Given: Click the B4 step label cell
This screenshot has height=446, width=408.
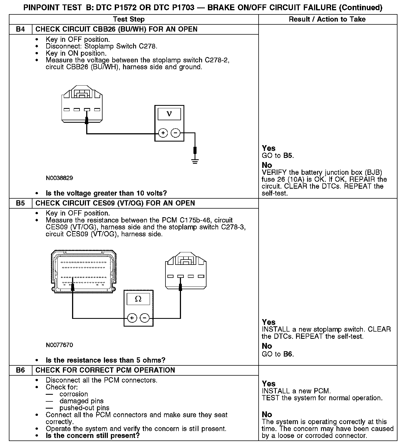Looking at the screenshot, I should tap(21, 29).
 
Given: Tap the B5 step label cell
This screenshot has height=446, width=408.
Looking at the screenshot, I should tap(21, 203).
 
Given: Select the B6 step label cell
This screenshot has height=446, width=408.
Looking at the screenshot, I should tap(21, 370).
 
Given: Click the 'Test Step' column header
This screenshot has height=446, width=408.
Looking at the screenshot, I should tap(129, 19).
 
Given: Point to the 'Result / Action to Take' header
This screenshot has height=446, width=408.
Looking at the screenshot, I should tap(327, 19).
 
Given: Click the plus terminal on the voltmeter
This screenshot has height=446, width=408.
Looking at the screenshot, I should tap(163, 133).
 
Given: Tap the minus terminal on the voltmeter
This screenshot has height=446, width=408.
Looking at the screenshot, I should tap(175, 133).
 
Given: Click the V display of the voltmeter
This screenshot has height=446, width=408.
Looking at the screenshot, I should tap(169, 114).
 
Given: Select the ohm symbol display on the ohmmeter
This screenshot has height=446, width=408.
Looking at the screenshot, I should tap(138, 299).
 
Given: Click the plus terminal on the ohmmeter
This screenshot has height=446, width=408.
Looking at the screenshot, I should tap(132, 318).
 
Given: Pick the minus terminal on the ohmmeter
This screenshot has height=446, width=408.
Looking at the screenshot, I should tap(144, 318).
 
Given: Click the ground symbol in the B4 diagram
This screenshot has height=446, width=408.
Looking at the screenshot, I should tap(195, 161).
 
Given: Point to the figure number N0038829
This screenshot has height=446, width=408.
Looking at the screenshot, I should tap(59, 178).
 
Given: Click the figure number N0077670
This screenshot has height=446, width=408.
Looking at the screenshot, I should tap(59, 345).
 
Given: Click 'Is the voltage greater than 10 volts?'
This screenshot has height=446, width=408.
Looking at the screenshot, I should tap(106, 193).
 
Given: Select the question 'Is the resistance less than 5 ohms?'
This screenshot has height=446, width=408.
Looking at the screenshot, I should tap(105, 360).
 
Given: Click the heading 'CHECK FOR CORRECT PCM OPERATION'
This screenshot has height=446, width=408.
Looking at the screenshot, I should tap(105, 370).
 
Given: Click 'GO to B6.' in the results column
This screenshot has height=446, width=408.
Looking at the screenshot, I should tap(278, 354).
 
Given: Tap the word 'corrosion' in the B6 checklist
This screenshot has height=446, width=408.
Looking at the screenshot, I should tap(73, 394).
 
